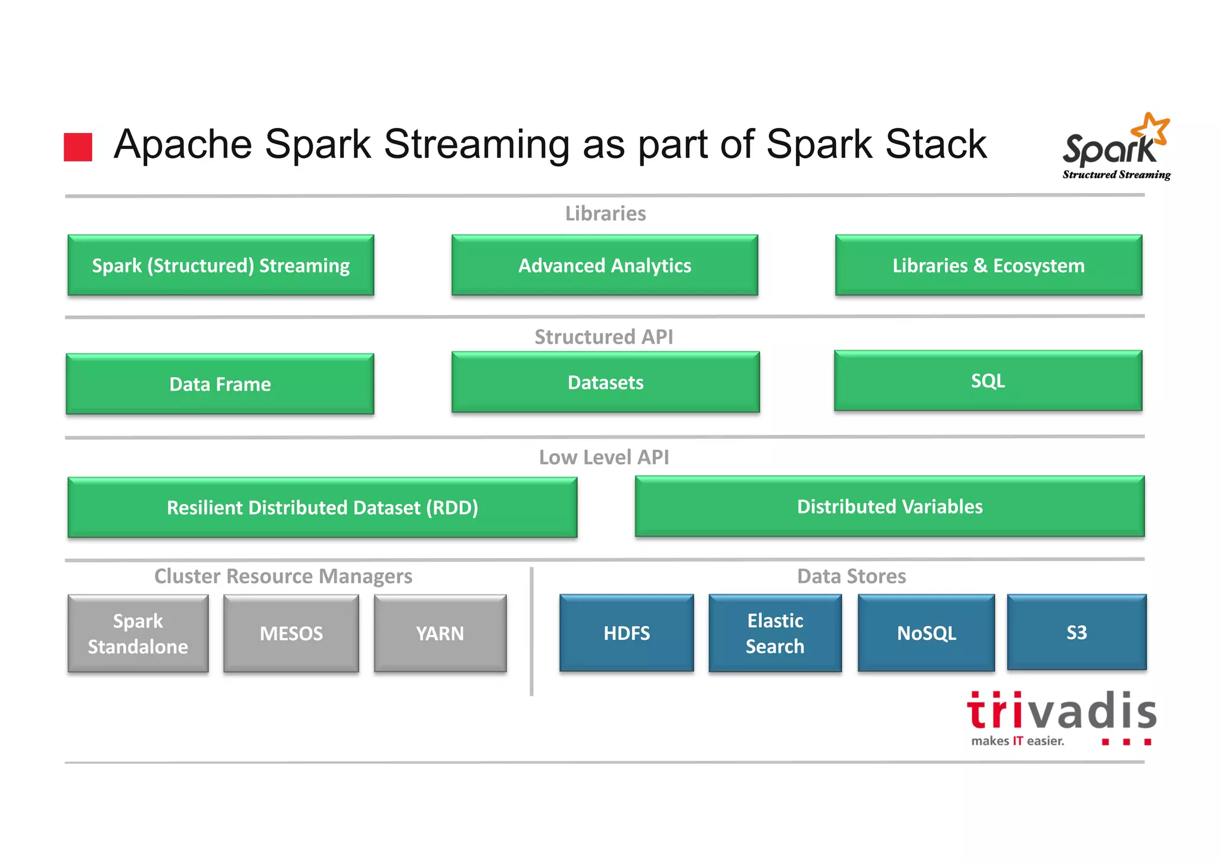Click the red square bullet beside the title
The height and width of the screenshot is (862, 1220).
[x=78, y=147]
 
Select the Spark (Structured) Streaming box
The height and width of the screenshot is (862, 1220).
[x=221, y=266]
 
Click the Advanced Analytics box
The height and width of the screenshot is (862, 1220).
[x=605, y=266]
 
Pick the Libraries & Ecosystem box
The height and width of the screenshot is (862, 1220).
[x=988, y=266]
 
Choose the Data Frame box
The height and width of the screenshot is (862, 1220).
[x=220, y=384]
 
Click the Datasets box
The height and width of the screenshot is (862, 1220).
[x=605, y=382]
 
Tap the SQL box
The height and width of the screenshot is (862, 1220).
[x=988, y=381]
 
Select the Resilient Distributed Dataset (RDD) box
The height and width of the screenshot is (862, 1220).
[x=322, y=508]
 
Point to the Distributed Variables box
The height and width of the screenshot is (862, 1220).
[x=889, y=506]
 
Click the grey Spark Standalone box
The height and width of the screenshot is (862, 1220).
[x=138, y=634]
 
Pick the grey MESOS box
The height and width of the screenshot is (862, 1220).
[x=291, y=634]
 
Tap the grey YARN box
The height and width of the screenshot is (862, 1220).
[x=440, y=634]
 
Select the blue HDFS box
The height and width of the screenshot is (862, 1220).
[x=627, y=633]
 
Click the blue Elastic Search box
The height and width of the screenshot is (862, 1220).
[x=775, y=633]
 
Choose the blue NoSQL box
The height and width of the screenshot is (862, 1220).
[x=926, y=633]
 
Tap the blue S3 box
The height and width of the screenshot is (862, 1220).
[x=1076, y=633]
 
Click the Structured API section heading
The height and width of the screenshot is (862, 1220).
[x=603, y=337]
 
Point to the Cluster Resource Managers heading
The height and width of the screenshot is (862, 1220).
[x=283, y=577]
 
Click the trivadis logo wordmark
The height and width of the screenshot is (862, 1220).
[x=1061, y=712]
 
